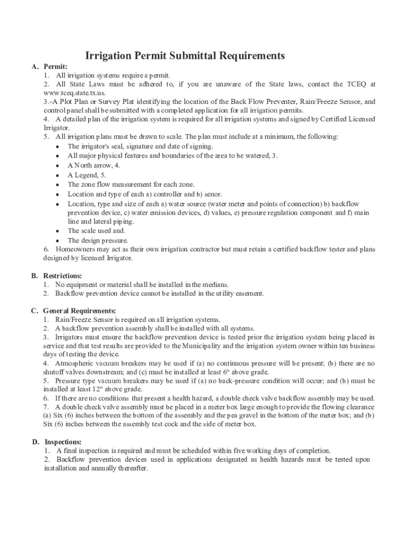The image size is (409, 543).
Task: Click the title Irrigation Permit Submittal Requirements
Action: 185,56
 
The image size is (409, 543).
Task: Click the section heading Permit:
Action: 55,67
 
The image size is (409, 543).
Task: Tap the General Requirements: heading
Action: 80,311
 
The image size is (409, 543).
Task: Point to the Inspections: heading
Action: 63,442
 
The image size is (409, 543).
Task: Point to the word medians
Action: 215,285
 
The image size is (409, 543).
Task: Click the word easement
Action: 249,293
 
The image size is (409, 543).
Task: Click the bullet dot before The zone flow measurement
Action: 57,185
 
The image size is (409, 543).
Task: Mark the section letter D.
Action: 35,442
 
